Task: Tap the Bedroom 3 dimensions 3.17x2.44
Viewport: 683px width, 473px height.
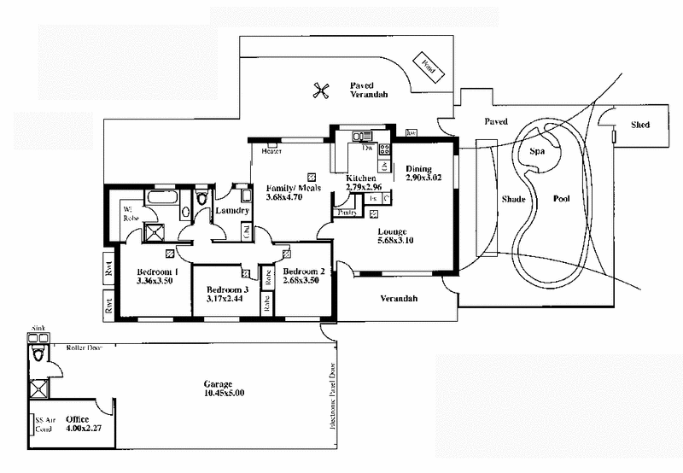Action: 228,300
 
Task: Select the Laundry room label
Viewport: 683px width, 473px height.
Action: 231,211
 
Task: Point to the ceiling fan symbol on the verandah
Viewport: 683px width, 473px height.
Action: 321,90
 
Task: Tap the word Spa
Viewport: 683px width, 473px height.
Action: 538,151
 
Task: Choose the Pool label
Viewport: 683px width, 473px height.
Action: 561,198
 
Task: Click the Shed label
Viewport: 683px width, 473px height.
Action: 640,125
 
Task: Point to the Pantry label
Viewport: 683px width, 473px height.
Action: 347,211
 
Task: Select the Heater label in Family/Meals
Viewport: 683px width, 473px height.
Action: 271,152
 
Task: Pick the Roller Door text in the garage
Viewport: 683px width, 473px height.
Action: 85,348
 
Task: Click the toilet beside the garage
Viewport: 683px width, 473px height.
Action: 38,353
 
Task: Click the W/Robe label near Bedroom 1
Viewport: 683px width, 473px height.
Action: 131,212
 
